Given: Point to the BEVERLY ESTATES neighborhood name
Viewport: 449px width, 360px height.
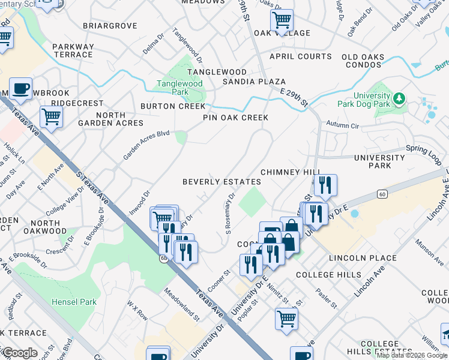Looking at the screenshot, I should point(221,181).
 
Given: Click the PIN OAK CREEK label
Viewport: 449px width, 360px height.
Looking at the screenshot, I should point(235,118).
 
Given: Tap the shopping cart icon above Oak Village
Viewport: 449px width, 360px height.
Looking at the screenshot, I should point(281,20).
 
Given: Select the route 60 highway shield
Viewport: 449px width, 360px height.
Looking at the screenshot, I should point(382,194).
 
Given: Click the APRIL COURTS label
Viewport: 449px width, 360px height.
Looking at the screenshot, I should point(300,56).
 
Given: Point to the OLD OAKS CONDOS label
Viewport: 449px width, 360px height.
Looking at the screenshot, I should point(371,61).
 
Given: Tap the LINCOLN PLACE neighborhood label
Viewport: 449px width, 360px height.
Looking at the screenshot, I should point(363,258).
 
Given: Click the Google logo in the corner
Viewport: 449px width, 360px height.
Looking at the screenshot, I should point(19,352).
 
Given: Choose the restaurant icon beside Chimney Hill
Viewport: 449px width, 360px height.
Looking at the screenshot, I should point(325,185).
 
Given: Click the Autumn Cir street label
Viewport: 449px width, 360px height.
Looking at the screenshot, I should point(342,125).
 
